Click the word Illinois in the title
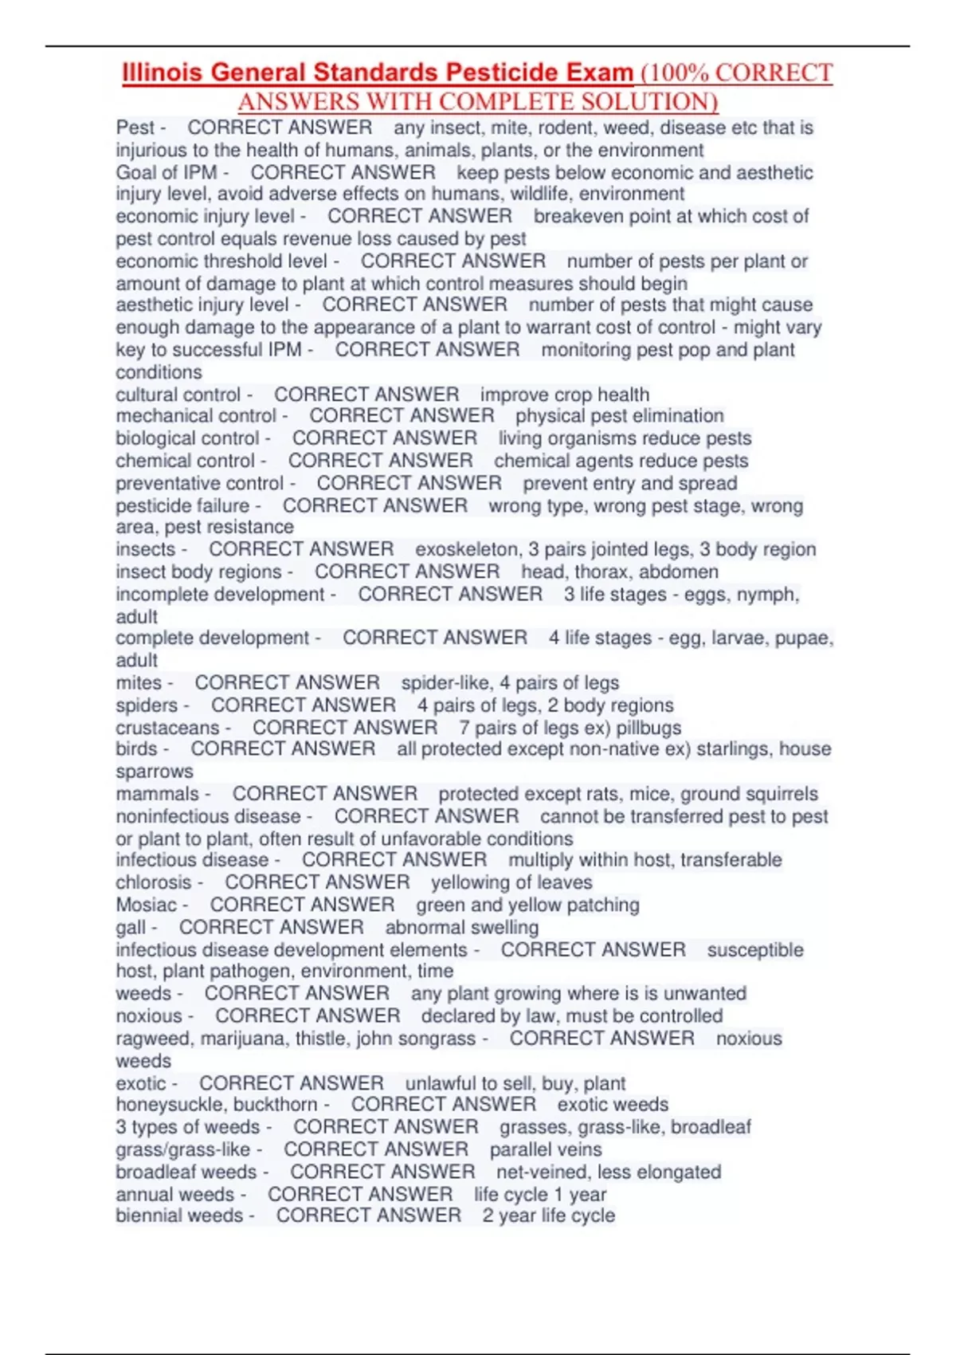(x=163, y=73)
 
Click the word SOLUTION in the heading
(x=645, y=102)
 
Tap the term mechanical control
(x=196, y=416)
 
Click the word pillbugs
(x=649, y=728)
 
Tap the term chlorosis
(x=154, y=882)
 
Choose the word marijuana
(x=245, y=1039)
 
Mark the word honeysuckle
(x=162, y=1105)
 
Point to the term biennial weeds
(x=179, y=1216)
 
